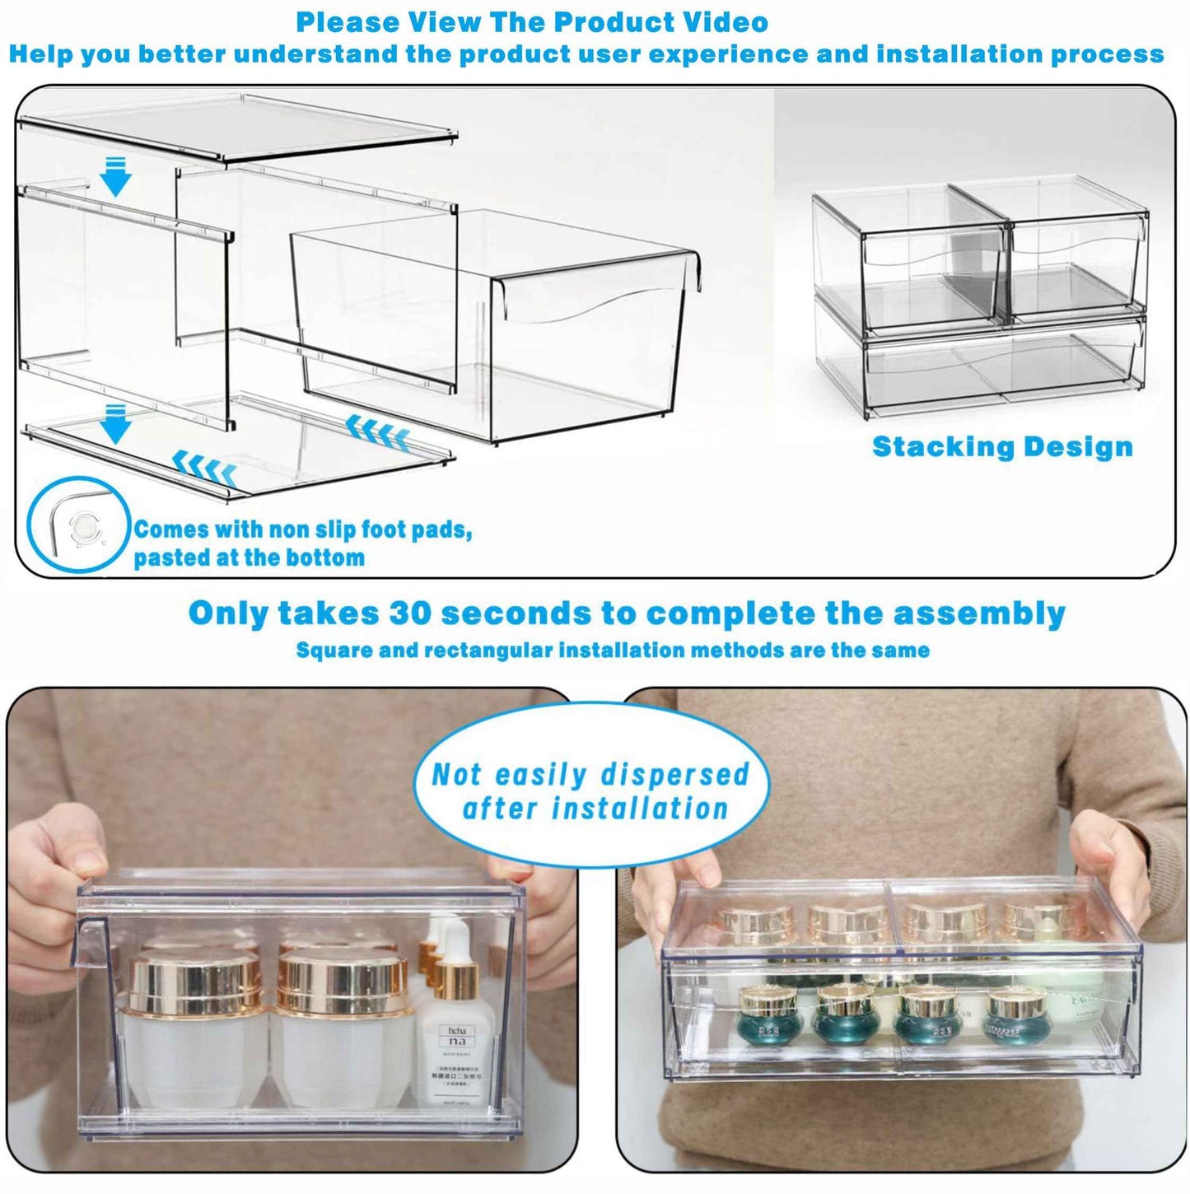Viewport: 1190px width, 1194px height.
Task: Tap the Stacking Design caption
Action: click(x=1002, y=447)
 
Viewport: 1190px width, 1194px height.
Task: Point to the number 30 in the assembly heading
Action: click(x=409, y=614)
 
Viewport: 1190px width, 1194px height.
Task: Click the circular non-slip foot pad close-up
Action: click(x=80, y=525)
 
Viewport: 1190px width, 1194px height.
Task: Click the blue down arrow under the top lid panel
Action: click(x=115, y=176)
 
